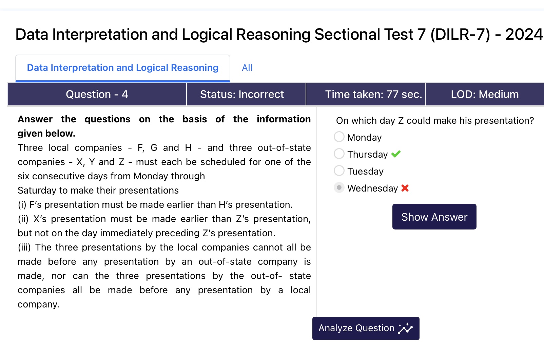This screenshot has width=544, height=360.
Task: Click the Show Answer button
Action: (434, 217)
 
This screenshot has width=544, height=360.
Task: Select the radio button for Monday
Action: (339, 137)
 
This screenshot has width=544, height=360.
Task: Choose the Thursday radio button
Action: (339, 154)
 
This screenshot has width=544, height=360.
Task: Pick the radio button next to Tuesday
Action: (339, 171)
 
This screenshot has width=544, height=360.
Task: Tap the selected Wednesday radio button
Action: (339, 188)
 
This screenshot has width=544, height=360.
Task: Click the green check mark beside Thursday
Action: (396, 154)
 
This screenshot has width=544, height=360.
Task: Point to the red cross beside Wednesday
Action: (405, 188)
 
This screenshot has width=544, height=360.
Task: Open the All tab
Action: (247, 68)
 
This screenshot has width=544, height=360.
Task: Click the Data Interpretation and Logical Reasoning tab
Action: (123, 68)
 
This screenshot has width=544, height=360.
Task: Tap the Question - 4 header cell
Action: (97, 94)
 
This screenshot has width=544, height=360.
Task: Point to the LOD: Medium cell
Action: (485, 94)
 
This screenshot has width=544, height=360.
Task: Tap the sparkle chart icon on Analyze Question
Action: (405, 328)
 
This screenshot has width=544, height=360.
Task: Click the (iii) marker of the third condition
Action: (24, 247)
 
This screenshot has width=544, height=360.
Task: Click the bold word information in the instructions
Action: (284, 119)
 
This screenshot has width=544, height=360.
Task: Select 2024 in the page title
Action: (524, 34)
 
